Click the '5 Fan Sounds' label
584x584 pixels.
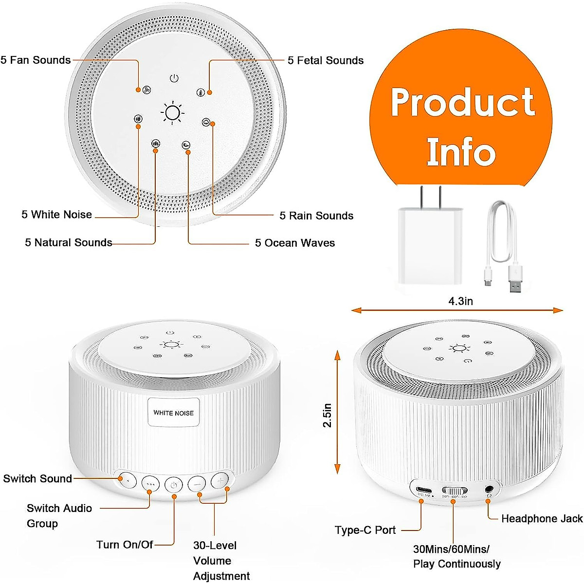[x=36, y=60]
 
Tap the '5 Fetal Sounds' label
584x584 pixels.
[x=325, y=61]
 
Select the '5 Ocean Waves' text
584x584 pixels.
[x=295, y=243]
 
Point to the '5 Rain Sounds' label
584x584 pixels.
[x=316, y=216]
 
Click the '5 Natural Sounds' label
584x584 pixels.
[x=68, y=242]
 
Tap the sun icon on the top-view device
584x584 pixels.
[x=173, y=112]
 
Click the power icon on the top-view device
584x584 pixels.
[x=174, y=78]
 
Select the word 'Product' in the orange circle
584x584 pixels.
[x=462, y=103]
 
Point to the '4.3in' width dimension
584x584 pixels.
[x=460, y=301]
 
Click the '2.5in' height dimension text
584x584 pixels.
[x=328, y=415]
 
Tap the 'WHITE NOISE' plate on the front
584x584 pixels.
[x=173, y=413]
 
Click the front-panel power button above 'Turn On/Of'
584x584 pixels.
[x=174, y=485]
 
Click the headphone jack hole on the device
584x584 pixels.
[x=490, y=489]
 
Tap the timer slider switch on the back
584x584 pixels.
[x=454, y=491]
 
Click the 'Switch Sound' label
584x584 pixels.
[x=37, y=478]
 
